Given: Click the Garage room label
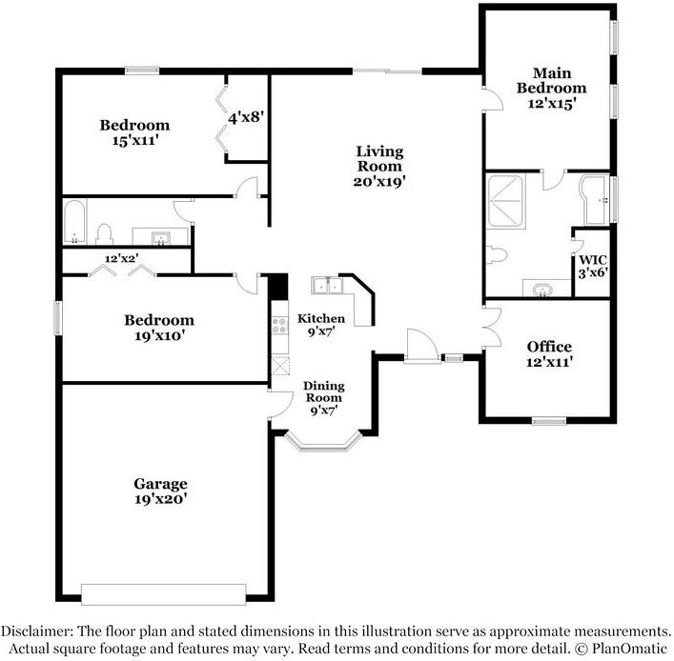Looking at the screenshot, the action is (160, 491).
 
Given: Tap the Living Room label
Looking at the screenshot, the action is (379, 167).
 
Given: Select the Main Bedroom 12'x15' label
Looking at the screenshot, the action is (551, 88).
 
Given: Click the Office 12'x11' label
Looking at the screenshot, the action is (549, 354).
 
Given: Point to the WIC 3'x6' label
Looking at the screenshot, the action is (593, 267).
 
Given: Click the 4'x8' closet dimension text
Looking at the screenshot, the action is (245, 117).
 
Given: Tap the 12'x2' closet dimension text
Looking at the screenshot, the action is (122, 258).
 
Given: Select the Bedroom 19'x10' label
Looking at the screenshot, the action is (159, 328).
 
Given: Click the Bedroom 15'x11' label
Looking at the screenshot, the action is (135, 132).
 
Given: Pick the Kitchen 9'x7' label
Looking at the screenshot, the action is (321, 325).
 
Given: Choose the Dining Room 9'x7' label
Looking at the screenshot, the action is (324, 398).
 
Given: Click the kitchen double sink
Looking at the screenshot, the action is (327, 286).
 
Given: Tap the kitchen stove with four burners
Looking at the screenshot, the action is (280, 325).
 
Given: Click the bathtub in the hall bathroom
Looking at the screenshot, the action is (74, 222).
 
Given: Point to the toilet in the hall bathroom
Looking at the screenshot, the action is (104, 234).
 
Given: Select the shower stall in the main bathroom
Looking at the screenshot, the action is (505, 200).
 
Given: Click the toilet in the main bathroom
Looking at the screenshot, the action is (496, 254).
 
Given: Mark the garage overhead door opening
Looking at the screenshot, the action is (164, 594).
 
